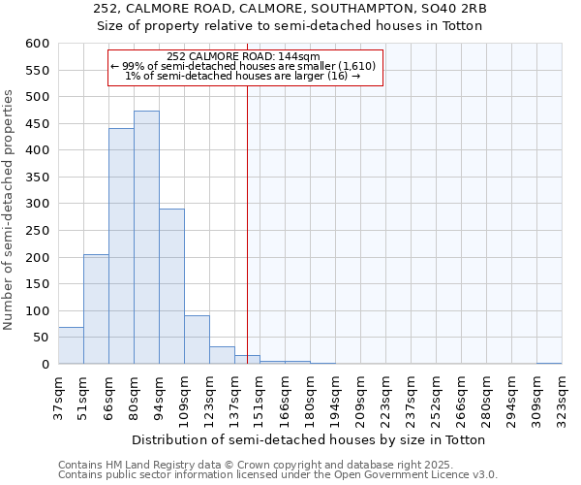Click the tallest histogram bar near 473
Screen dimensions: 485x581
pyautogui.click(x=146, y=238)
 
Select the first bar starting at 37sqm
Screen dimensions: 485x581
pyautogui.click(x=71, y=346)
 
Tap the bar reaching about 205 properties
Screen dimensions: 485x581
pyautogui.click(x=96, y=309)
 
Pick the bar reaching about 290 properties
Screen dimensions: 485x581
pyautogui.click(x=171, y=286)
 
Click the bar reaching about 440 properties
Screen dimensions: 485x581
pyautogui.click(x=121, y=246)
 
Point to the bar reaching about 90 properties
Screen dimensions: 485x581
pyautogui.click(x=197, y=339)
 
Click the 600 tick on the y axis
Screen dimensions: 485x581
pyautogui.click(x=38, y=44)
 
